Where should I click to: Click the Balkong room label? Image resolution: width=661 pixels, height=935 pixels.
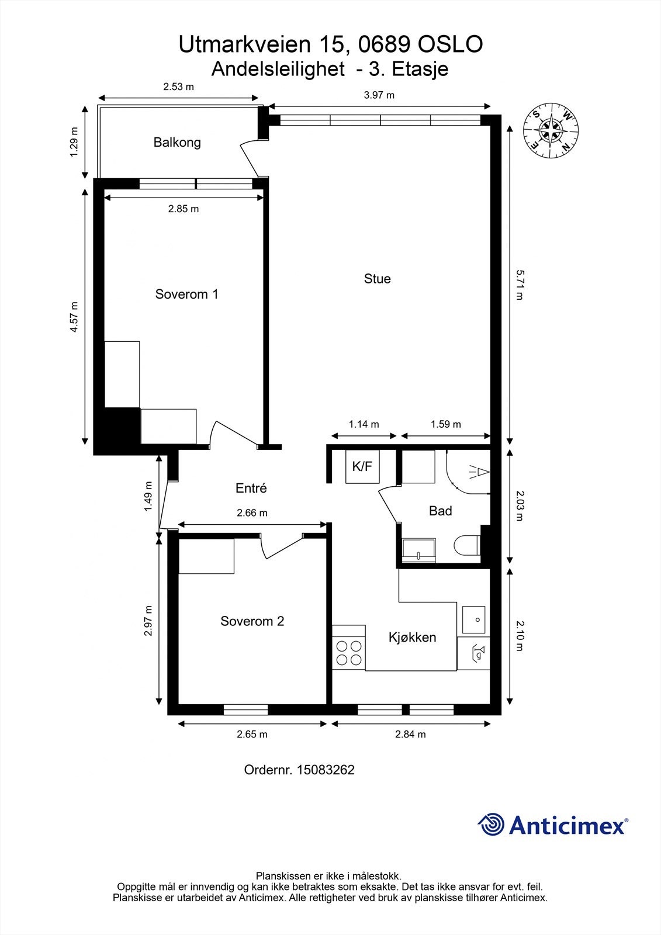click(x=177, y=143)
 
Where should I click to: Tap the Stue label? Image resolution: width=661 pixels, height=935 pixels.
click(x=377, y=279)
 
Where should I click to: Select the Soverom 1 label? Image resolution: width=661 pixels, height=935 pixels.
click(x=186, y=295)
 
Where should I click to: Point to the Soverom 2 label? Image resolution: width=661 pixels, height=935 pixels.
click(x=252, y=621)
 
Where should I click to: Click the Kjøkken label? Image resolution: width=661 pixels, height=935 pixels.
click(x=412, y=637)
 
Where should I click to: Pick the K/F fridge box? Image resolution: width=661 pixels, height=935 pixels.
click(x=362, y=467)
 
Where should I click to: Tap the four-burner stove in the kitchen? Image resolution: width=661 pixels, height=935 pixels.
click(x=349, y=653)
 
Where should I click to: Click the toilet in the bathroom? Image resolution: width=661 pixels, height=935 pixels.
click(x=466, y=546)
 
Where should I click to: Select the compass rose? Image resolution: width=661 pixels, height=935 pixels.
click(x=551, y=131)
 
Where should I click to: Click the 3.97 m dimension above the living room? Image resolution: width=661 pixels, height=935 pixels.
click(x=379, y=95)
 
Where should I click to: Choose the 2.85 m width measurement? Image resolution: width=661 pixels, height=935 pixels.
click(x=184, y=209)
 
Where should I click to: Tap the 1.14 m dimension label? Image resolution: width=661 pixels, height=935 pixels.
click(x=364, y=424)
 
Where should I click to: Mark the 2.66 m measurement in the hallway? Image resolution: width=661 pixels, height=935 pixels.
click(x=252, y=513)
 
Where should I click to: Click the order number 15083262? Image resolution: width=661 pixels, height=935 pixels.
click(x=326, y=770)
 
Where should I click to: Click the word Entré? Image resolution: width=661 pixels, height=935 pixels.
click(x=251, y=488)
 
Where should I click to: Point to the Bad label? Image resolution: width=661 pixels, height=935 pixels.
click(x=441, y=511)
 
